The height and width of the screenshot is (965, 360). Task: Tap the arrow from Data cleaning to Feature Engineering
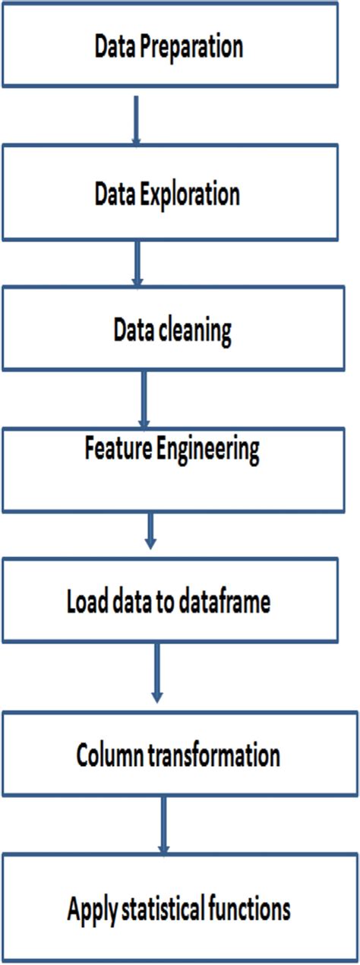pos(144,400)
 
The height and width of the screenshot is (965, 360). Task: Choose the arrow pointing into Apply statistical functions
pos(161,825)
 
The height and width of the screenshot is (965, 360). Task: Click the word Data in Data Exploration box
pos(111,194)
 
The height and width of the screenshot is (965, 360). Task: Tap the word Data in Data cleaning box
pos(130,332)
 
